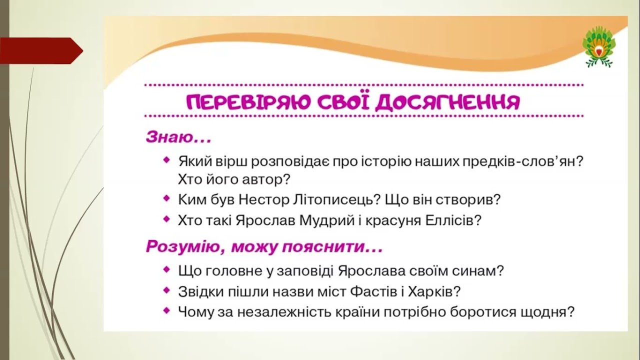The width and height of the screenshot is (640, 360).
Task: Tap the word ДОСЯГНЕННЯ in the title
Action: pyautogui.click(x=447, y=102)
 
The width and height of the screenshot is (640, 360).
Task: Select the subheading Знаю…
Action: pyautogui.click(x=179, y=137)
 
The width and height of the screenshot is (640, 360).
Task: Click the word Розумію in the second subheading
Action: pyautogui.click(x=182, y=246)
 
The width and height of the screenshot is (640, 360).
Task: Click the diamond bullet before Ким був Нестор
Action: pyautogui.click(x=166, y=198)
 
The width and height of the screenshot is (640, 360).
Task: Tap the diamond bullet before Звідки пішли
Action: pyautogui.click(x=166, y=290)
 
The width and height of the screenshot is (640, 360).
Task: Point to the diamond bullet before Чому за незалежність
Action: pyautogui.click(x=166, y=310)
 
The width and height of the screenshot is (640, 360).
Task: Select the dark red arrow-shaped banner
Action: pyautogui.click(x=41, y=51)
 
